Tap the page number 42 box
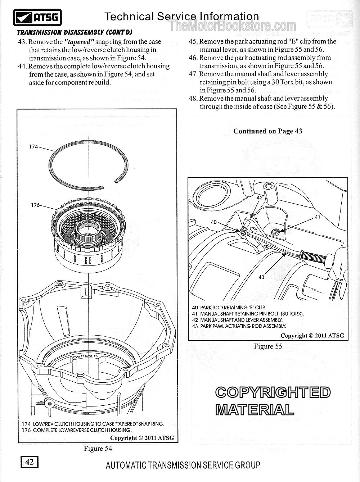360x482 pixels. coord(30,462)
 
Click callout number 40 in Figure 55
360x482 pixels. coord(214,222)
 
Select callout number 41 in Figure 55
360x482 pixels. coord(317,217)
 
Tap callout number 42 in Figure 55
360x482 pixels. coord(260,197)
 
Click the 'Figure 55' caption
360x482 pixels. coord(268,346)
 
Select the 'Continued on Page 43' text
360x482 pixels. coord(267,131)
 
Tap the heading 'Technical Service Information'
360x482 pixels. coord(181,16)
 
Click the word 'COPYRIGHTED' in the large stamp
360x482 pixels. coord(273,393)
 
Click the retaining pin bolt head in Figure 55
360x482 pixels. coord(275,231)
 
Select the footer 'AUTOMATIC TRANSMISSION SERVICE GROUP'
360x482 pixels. coord(183,465)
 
